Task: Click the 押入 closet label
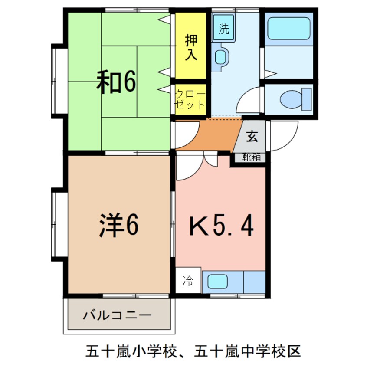coord(191,47)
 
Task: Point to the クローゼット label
coord(190,99)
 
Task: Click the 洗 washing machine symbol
coord(223,29)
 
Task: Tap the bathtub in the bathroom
coord(289,29)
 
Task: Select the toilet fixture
coord(295,99)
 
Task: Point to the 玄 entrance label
coord(252,136)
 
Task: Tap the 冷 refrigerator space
coord(188,281)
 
